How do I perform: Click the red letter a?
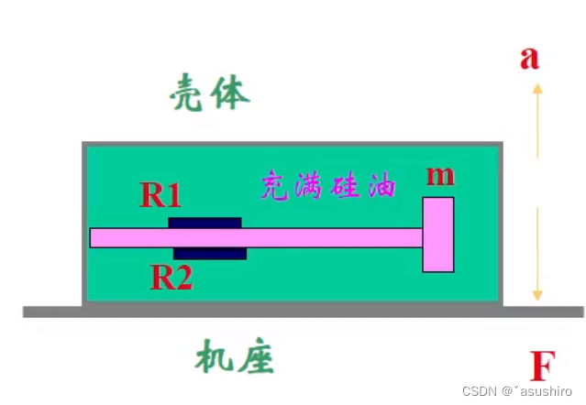coord(529,58)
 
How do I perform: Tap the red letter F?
coord(543,367)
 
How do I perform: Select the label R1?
coord(160,194)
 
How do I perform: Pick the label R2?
coord(171,277)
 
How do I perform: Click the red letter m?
coord(440,175)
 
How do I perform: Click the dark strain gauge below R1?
coord(205,223)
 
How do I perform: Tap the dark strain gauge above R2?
coord(210,253)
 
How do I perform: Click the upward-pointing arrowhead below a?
coord(538,89)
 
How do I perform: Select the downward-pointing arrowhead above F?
coord(538,294)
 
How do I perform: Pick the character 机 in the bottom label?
coord(210,356)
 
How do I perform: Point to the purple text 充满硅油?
coord(328,186)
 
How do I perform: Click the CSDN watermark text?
coord(517,390)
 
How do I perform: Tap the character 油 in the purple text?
coord(381,187)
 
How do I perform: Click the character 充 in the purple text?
coord(275,186)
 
